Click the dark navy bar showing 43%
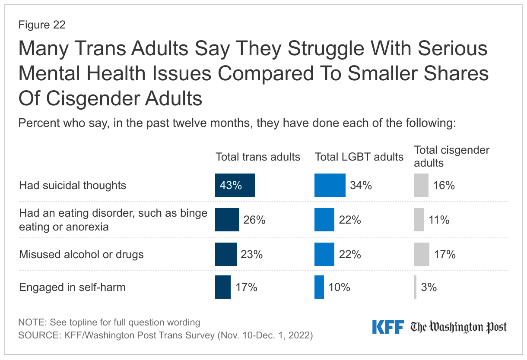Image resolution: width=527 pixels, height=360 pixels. tap(235, 185)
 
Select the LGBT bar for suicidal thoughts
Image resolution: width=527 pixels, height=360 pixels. tap(330, 185)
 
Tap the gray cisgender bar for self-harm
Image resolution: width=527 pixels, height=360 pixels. tap(415, 287)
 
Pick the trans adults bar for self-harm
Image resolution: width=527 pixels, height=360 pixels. tap(223, 287)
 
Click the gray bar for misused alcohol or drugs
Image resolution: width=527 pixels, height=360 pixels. tap(422, 254)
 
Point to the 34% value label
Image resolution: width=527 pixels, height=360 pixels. tap(361, 185)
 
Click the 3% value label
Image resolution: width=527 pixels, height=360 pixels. tap(429, 287)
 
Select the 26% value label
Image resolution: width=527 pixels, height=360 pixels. tap(254, 220)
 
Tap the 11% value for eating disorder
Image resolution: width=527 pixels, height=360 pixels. tap(439, 220)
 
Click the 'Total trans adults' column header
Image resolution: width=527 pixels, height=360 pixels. tap(258, 157)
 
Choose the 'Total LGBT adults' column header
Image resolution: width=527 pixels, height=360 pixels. tap(359, 157)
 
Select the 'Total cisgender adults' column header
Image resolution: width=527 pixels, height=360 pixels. tap(451, 156)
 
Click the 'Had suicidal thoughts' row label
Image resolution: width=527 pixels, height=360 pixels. tap(73, 185)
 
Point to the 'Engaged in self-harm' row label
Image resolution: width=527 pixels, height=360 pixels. tap(72, 287)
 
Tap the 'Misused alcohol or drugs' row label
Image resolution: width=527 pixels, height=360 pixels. tap(81, 254)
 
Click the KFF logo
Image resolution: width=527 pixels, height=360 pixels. tap(388, 327)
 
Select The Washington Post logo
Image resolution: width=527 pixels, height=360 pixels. tap(459, 327)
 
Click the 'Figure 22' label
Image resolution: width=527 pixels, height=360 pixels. tap(42, 25)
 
